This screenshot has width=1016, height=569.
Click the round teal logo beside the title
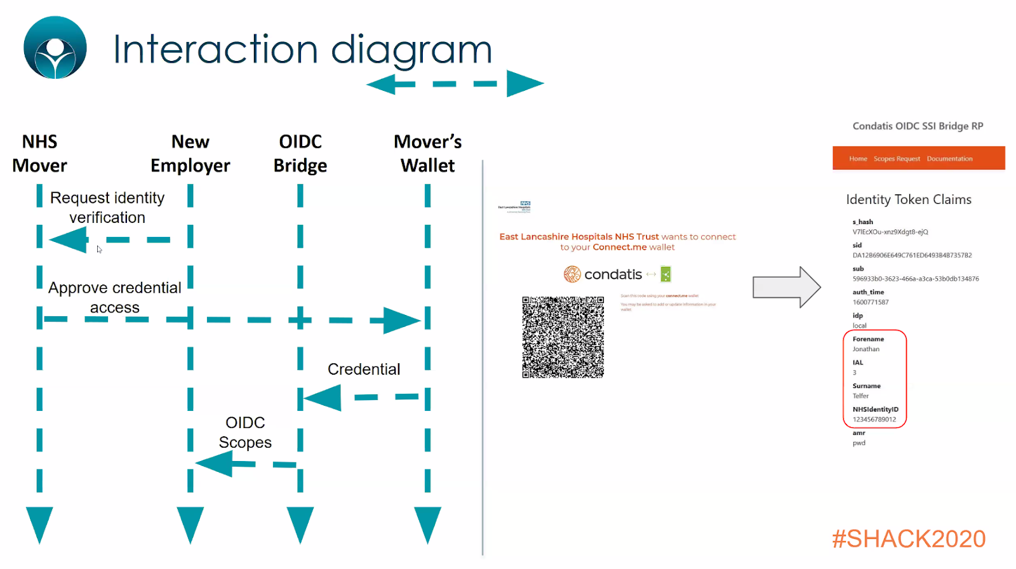[55, 48]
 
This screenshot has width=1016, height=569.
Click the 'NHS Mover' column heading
[39, 154]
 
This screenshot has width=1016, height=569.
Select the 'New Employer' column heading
[190, 154]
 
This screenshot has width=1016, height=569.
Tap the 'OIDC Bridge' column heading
[300, 154]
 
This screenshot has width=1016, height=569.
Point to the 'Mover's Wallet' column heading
[427, 154]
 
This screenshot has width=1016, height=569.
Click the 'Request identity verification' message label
[107, 208]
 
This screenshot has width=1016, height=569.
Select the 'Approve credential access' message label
[115, 297]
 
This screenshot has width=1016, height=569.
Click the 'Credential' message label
[364, 370]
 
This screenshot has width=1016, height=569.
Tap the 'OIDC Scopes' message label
[245, 432]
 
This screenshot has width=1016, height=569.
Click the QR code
[563, 337]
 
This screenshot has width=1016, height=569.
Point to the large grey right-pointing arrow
[786, 287]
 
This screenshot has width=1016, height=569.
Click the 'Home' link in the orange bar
[858, 159]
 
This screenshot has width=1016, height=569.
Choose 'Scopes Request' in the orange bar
[897, 159]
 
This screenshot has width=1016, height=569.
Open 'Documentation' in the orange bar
[949, 159]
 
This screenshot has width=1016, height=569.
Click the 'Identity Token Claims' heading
[909, 199]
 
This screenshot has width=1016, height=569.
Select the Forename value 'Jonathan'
[866, 349]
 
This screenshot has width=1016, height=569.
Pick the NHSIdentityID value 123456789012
[874, 420]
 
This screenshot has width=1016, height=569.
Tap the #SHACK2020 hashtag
[909, 539]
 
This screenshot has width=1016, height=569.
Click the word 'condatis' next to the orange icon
[613, 274]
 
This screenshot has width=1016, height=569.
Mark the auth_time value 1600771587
[871, 302]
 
